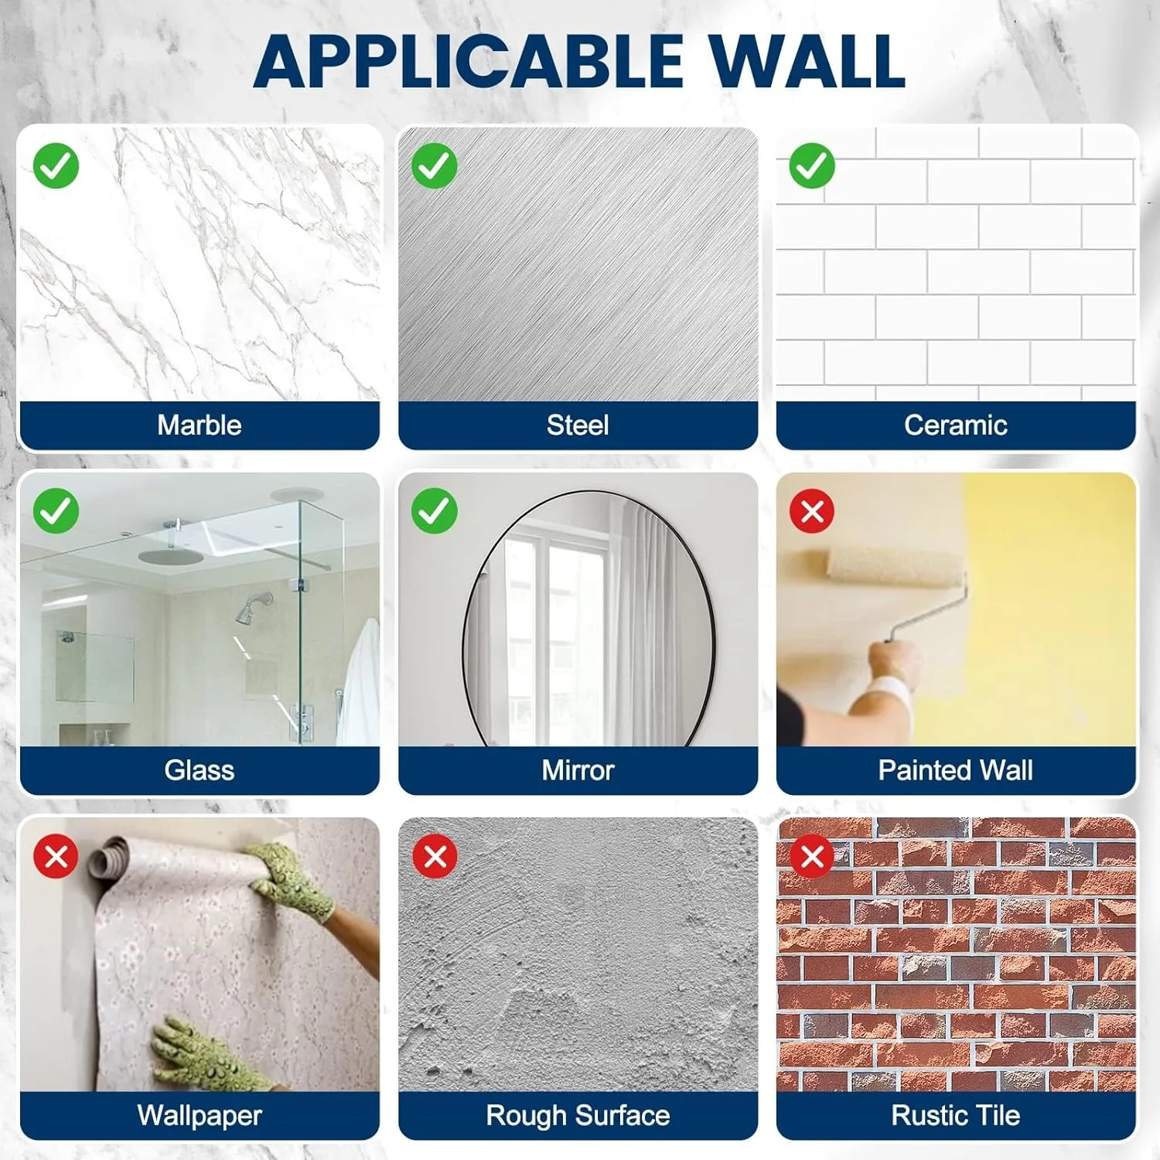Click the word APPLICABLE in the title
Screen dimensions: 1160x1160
(469, 62)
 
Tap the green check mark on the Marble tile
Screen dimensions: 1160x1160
(56, 165)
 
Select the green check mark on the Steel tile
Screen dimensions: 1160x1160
(434, 165)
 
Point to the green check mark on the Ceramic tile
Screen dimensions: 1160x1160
(812, 165)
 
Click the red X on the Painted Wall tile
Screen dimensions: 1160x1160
(812, 511)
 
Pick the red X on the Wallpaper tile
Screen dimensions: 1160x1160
(56, 857)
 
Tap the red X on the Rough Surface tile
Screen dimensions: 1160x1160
(435, 857)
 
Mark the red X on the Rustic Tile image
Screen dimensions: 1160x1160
(812, 857)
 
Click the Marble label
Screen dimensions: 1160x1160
(200, 425)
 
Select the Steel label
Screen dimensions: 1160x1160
(578, 425)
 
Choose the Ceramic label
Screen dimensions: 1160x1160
(956, 425)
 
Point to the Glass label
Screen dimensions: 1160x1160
(200, 770)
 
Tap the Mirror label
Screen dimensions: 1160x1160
(578, 770)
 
